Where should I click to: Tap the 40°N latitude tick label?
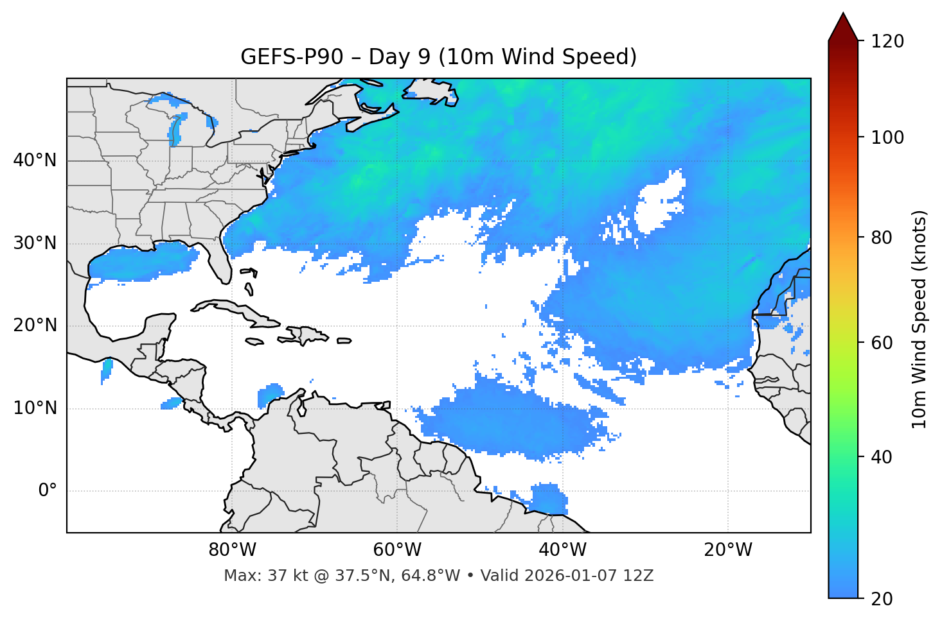click(x=35, y=160)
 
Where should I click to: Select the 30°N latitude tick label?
click(x=35, y=243)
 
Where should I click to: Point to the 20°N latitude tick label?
click(x=35, y=325)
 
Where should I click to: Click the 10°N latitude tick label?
click(x=35, y=408)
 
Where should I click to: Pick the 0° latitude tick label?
click(x=48, y=491)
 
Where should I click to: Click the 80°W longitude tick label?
click(x=232, y=550)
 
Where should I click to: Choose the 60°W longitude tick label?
click(x=396, y=550)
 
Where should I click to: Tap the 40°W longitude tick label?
click(x=562, y=550)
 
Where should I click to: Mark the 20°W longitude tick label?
click(x=727, y=550)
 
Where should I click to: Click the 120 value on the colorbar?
click(x=887, y=42)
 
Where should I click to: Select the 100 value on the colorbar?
click(x=887, y=137)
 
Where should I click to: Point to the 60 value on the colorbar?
click(x=882, y=343)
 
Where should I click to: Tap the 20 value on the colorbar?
click(x=882, y=598)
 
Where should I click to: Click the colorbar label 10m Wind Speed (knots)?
click(x=920, y=319)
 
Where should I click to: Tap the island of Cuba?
click(x=238, y=311)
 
